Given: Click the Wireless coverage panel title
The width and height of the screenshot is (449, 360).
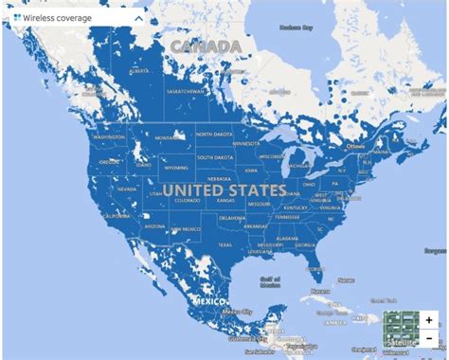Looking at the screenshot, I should [59, 17].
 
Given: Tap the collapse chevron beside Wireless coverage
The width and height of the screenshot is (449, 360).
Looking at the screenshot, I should [138, 17].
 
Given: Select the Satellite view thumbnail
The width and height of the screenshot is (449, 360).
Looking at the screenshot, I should [400, 328].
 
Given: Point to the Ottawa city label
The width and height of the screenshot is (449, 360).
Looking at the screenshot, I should [354, 146].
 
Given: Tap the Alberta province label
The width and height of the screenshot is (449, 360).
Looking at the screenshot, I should [139, 70].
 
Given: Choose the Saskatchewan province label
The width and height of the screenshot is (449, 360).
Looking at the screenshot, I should [185, 91].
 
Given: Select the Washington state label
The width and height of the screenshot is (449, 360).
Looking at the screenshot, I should [109, 136].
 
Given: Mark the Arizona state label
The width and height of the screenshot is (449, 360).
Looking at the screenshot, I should [153, 226].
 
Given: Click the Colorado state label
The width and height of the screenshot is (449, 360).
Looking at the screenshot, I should [188, 200].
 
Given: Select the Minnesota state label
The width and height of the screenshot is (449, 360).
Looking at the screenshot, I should [244, 143].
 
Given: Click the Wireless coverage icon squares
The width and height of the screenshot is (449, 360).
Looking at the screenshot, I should [17, 17].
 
